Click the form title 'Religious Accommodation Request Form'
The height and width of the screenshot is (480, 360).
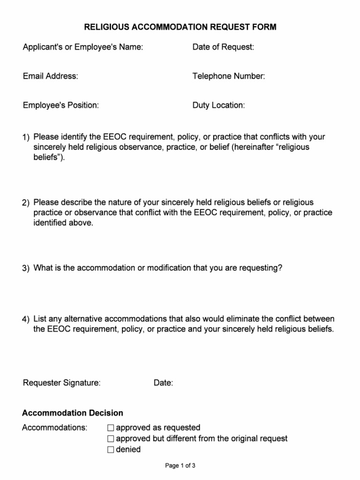click(x=180, y=27)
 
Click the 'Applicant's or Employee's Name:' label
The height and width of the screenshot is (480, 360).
click(x=83, y=47)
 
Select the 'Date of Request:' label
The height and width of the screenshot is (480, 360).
click(x=223, y=47)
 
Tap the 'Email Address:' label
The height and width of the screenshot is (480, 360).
click(x=50, y=76)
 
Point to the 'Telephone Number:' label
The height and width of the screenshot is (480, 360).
click(x=228, y=76)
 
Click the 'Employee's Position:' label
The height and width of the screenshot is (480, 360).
click(x=60, y=105)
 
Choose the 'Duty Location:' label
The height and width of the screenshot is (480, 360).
click(x=218, y=105)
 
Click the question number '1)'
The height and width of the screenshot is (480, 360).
click(x=26, y=137)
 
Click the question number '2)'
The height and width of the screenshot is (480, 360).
click(x=26, y=202)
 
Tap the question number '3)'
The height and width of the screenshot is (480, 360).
click(x=26, y=269)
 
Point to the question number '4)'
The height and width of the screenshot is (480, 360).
click(x=26, y=319)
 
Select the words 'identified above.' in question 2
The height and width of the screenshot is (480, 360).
click(x=63, y=223)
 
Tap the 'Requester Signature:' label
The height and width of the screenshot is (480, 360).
click(x=61, y=383)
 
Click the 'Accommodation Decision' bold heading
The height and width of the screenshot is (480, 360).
click(x=73, y=413)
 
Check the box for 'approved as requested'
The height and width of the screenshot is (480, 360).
click(x=111, y=428)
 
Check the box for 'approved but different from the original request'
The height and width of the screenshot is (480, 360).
click(x=111, y=439)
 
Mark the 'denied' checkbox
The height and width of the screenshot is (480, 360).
click(x=111, y=450)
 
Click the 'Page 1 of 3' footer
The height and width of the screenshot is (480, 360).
click(x=180, y=465)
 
